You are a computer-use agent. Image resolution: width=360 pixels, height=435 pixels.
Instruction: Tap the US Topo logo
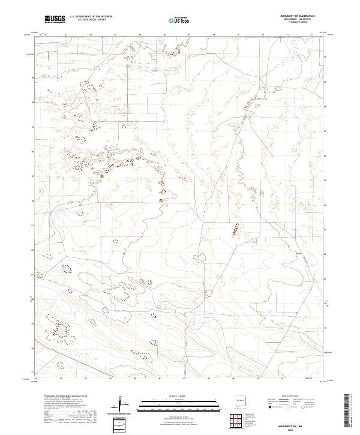tap(181, 19)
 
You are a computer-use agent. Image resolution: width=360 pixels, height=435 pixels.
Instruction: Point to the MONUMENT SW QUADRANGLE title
tap(298, 16)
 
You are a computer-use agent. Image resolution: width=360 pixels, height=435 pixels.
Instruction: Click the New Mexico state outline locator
tap(241, 400)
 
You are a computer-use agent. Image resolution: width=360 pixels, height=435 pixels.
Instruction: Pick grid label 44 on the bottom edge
tap(110, 379)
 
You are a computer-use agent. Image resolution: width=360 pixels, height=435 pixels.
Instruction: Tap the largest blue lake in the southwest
tap(61, 331)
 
